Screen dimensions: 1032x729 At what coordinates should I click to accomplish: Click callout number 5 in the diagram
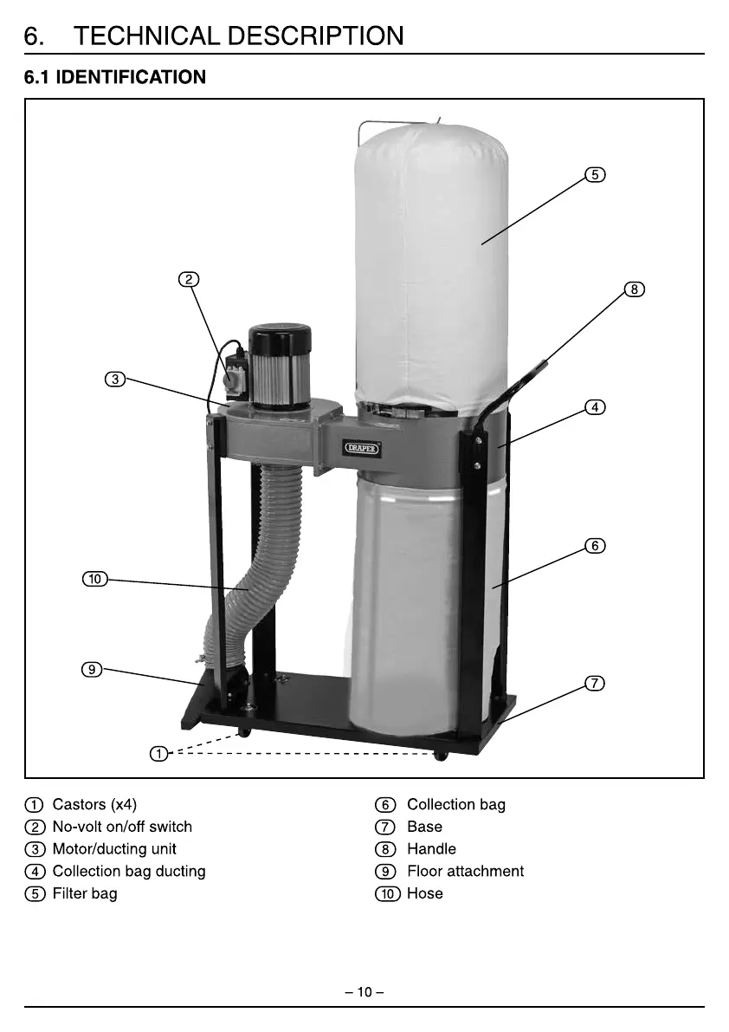pos(594,174)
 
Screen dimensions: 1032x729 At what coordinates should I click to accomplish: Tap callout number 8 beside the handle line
pos(635,289)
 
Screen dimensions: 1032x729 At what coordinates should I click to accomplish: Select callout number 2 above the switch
pos(189,279)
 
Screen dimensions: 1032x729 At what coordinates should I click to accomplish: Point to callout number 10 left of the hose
pos(94,579)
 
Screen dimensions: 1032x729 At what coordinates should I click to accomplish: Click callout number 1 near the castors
pos(158,754)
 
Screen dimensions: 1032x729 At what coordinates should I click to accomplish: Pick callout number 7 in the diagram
pos(594,683)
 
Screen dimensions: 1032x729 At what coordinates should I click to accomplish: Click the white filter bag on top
pos(430,260)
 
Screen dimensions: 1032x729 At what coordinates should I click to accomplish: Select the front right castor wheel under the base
pos(441,756)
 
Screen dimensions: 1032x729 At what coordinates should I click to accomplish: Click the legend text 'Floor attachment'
pos(465,871)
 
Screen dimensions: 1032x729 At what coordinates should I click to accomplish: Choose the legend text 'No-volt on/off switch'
pos(122,827)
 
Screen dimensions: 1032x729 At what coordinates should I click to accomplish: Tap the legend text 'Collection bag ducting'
pos(129,871)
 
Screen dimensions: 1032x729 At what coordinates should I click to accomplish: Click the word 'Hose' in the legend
pos(424,893)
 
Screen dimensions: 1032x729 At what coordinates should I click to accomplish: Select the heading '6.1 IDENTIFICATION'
pos(115,77)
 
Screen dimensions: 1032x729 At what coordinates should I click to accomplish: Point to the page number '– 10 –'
pos(364,992)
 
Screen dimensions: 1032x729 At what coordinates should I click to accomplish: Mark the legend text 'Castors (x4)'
pos(94,804)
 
